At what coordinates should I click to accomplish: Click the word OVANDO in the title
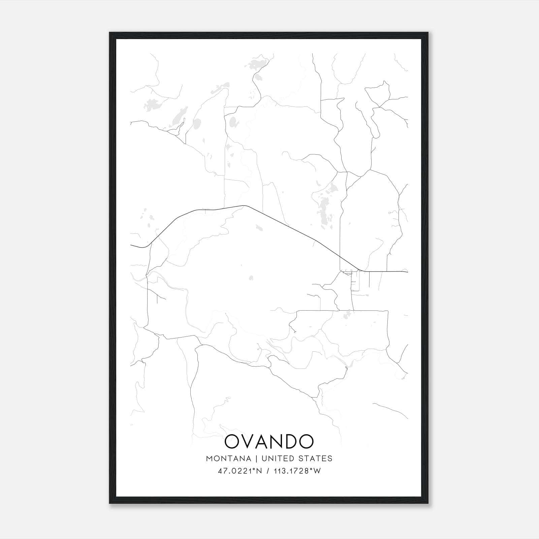(x=269, y=442)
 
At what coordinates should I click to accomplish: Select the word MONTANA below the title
(x=229, y=458)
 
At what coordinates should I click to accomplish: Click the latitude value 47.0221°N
(x=240, y=471)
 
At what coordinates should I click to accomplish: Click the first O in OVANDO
(x=232, y=442)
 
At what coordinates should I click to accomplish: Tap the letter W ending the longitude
(x=317, y=471)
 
